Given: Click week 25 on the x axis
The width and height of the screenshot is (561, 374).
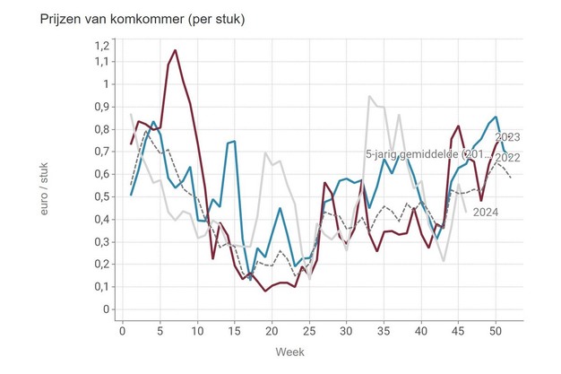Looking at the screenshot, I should [x=309, y=330].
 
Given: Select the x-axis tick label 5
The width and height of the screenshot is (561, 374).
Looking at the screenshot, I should [x=160, y=330].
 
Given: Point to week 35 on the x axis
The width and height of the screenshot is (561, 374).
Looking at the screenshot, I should [x=384, y=330].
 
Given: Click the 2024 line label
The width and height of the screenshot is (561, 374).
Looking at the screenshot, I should [x=485, y=213].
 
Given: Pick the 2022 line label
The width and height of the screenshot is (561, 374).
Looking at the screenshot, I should [x=507, y=158].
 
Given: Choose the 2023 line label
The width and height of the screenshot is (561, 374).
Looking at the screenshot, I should [x=507, y=137].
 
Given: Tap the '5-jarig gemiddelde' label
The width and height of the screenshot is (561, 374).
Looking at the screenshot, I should [x=428, y=155].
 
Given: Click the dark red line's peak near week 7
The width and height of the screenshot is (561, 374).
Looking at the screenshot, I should [x=175, y=50].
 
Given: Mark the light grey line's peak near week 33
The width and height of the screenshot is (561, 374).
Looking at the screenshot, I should [x=369, y=96].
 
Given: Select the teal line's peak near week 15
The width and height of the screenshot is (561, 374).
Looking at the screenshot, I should [x=235, y=141].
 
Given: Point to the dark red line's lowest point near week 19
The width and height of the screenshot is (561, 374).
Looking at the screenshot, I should [x=265, y=291].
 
